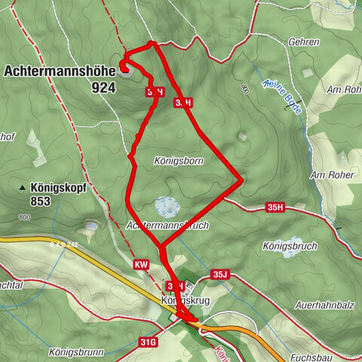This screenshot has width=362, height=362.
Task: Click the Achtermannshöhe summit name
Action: point(60,71)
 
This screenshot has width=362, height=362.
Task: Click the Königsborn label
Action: point(158,161)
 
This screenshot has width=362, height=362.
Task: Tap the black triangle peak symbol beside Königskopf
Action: point(23,187)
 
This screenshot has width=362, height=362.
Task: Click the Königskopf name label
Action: point(60,187)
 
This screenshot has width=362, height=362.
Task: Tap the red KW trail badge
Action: point(141,265)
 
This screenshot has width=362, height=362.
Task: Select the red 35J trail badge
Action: point(219,275)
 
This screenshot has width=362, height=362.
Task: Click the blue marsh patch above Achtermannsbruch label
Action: point(166,205)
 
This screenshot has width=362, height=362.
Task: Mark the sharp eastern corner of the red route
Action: point(241,179)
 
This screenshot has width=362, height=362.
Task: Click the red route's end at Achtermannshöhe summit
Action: point(124,68)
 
